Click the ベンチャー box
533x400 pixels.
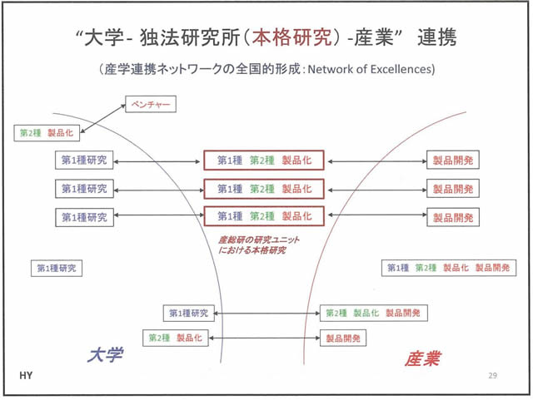pyautogui.click(x=151, y=105)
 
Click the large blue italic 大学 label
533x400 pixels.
pyautogui.click(x=105, y=355)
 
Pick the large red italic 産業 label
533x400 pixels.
pyautogui.click(x=423, y=358)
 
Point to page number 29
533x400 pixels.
pyautogui.click(x=492, y=377)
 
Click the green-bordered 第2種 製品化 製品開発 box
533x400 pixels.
pyautogui.click(x=373, y=314)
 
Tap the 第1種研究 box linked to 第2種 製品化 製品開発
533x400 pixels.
pyautogui.click(x=188, y=314)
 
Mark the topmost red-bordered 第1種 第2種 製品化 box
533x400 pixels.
pyautogui.click(x=264, y=160)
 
